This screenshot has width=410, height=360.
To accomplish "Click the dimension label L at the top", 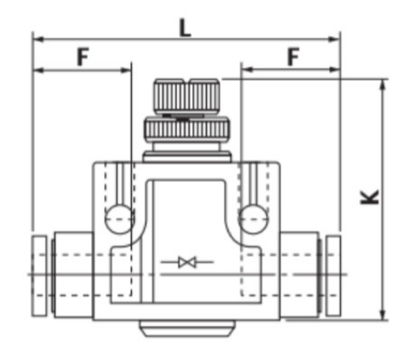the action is (x=185, y=29).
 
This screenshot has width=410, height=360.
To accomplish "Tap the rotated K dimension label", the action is (x=369, y=197).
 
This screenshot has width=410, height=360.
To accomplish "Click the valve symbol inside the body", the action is (x=187, y=262).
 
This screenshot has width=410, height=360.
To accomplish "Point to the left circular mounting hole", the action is (x=120, y=220).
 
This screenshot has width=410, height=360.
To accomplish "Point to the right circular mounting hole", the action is (x=253, y=220).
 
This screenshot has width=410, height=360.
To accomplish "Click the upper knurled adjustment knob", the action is (x=187, y=96).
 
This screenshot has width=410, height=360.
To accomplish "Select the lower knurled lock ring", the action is (x=186, y=130).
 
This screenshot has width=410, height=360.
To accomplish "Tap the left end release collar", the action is (x=39, y=276).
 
